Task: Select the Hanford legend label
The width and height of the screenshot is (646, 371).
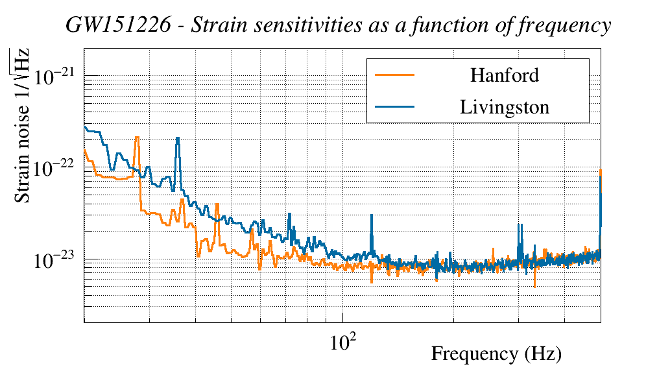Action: pos(504,75)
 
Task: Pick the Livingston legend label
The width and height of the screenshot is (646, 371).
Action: pos(504,106)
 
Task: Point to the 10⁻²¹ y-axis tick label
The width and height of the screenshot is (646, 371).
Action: pos(56,77)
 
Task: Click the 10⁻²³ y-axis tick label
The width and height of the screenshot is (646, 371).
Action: pos(56,260)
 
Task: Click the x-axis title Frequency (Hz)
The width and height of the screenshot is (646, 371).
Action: pos(496,354)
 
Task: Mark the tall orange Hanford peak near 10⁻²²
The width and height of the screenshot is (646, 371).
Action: pos(137,138)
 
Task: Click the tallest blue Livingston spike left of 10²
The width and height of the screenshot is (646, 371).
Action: pos(177,138)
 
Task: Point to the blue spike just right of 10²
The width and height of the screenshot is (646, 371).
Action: pos(372,215)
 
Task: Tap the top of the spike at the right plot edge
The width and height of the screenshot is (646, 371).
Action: pos(601,170)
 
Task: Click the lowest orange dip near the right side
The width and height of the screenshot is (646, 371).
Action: pos(534,286)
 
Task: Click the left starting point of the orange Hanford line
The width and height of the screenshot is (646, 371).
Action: pos(85,150)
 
